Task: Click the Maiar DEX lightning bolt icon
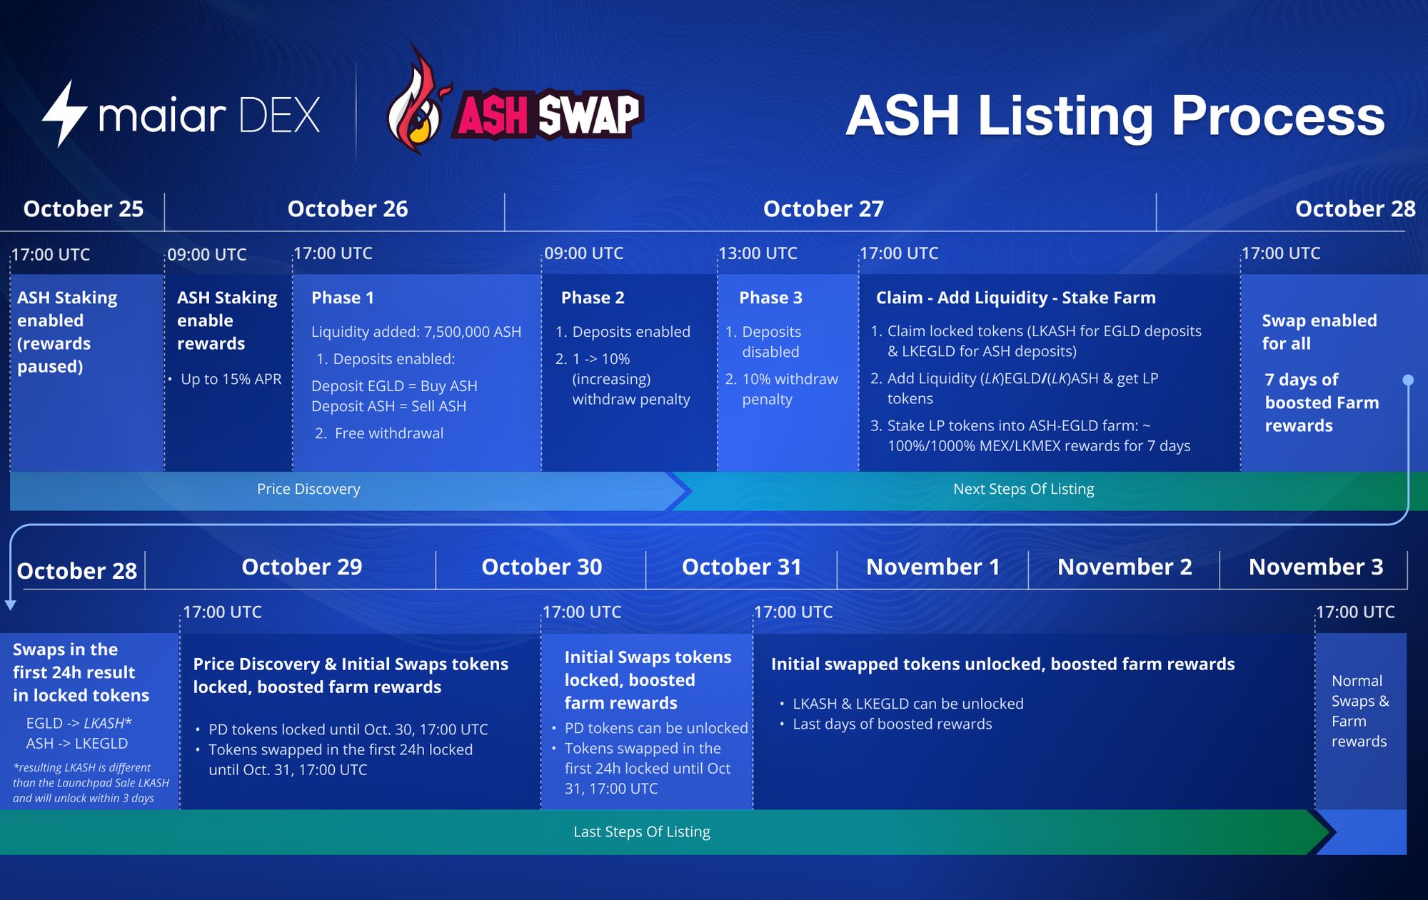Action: coord(64,113)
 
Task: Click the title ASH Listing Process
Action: coord(1115,116)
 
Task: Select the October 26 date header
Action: coord(348,208)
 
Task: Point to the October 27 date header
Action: coord(823,208)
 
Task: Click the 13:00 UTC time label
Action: coord(758,253)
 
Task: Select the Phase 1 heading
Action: coord(343,298)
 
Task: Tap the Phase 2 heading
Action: coord(593,298)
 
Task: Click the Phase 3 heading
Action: coord(770,298)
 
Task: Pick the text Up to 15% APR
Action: coord(231,379)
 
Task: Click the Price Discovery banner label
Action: coord(308,489)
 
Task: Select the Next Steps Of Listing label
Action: coord(1023,489)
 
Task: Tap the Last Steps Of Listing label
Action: coord(642,831)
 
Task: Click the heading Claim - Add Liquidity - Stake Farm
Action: coord(1016,298)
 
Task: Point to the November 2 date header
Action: coord(1125,567)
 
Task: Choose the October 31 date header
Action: coord(742,567)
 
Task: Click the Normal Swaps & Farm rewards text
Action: coord(1359,711)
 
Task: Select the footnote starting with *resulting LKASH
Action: coord(91,783)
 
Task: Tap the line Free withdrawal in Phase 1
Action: coord(379,433)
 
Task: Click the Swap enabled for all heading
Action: coord(1319,332)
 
